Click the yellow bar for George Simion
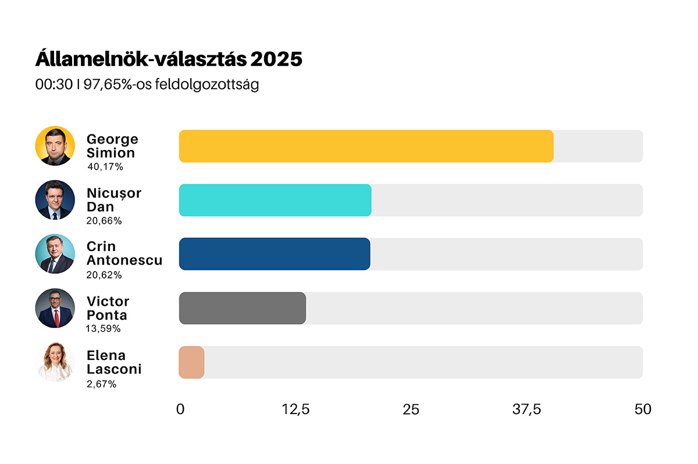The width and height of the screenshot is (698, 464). click(366, 146)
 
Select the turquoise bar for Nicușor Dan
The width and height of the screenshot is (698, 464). click(275, 200)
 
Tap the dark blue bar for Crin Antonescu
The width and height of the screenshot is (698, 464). click(275, 254)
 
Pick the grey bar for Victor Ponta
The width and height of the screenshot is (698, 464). click(243, 308)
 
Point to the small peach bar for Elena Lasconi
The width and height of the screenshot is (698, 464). click(191, 362)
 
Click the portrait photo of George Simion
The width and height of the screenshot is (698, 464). click(55, 146)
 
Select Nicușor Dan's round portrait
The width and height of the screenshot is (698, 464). click(55, 199)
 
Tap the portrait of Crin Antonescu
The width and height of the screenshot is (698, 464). click(55, 254)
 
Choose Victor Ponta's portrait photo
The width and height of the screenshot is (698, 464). click(55, 308)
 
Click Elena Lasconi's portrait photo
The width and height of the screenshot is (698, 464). click(55, 362)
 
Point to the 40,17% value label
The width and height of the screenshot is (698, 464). click(105, 167)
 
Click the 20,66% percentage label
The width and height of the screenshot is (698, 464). click(104, 221)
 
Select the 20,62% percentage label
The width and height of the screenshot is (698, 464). click(104, 275)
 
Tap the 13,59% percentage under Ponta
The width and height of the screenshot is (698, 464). click(104, 329)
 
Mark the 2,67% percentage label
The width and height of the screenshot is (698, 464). click(101, 384)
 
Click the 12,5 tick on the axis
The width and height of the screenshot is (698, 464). click(296, 409)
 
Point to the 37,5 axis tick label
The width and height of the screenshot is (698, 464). click(527, 409)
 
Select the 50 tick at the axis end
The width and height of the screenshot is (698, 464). click(643, 409)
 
